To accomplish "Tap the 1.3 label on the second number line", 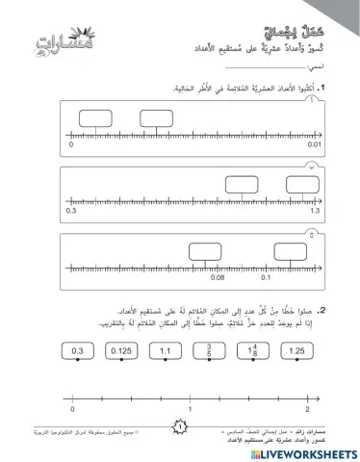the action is [314, 210].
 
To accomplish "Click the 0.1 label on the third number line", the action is [268, 277].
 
